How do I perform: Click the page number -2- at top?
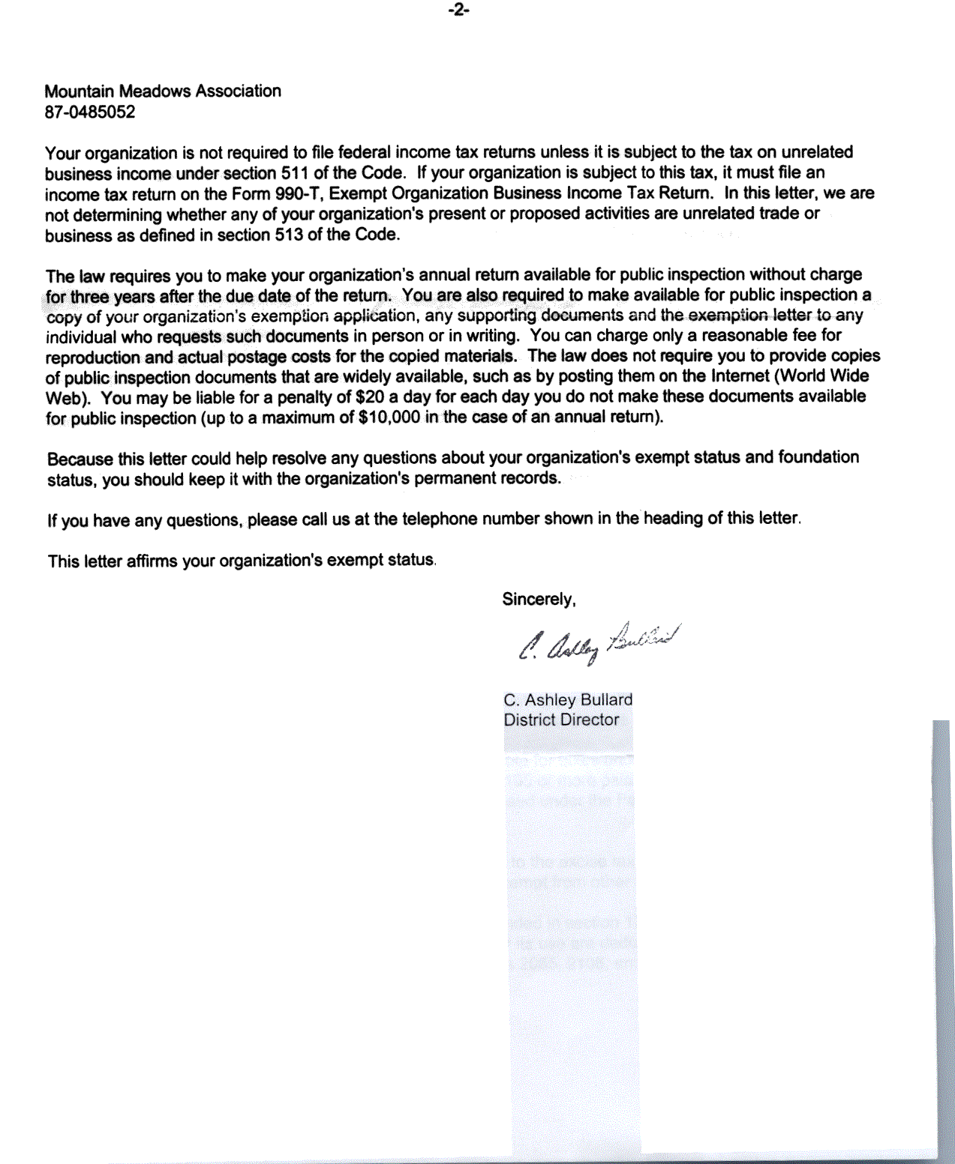[x=458, y=10]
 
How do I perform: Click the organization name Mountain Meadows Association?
[x=163, y=91]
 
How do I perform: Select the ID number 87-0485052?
[x=90, y=112]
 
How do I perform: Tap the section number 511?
[x=295, y=173]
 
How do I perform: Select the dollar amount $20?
[x=369, y=396]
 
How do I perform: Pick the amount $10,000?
[x=389, y=417]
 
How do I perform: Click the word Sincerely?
[x=539, y=600]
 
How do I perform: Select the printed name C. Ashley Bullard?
[x=568, y=700]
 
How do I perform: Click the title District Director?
[x=561, y=720]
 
